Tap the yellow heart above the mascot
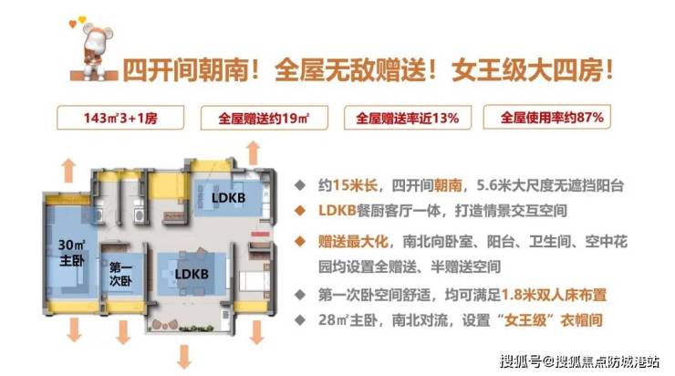click(x=82, y=19)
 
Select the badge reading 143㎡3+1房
click(x=120, y=118)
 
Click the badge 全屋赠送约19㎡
click(x=265, y=118)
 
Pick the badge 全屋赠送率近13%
click(x=407, y=118)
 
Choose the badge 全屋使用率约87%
click(x=547, y=117)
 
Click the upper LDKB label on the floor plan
click(x=229, y=198)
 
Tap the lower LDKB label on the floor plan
click(x=192, y=274)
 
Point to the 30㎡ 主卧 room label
click(x=72, y=253)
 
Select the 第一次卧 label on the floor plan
click(x=120, y=274)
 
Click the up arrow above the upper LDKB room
click(x=254, y=153)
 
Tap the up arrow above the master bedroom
click(x=68, y=171)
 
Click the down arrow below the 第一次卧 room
click(x=123, y=332)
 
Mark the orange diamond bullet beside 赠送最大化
click(x=299, y=242)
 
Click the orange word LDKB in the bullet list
click(x=337, y=210)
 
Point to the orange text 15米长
click(x=355, y=185)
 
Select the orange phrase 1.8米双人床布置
click(x=554, y=295)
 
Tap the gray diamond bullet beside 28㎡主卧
click(x=299, y=320)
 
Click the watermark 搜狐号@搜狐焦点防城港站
click(x=579, y=361)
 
